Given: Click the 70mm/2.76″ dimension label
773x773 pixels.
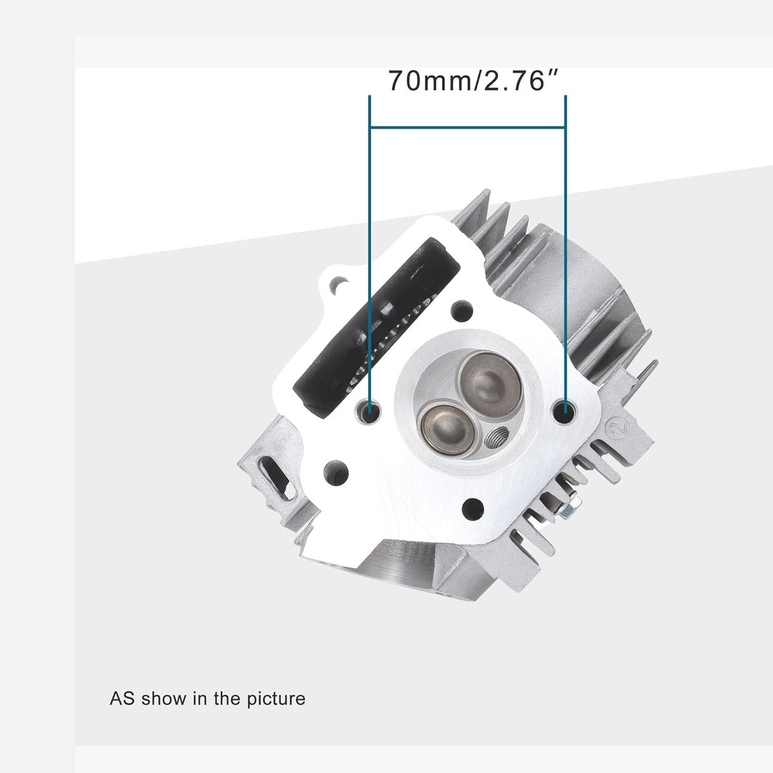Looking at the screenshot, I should click(473, 81).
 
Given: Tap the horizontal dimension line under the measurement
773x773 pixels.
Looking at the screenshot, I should click(468, 127).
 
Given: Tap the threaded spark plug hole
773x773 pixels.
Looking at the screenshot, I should click(496, 435).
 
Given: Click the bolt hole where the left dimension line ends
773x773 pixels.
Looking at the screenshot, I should click(370, 412).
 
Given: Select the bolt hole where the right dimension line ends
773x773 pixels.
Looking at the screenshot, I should click(566, 412).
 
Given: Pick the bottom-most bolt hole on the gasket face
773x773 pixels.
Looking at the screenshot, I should click(473, 506).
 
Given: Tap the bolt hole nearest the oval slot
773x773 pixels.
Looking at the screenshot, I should click(336, 472).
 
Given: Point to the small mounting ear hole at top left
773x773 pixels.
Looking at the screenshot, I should click(338, 282).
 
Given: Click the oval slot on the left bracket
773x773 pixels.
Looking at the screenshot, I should click(276, 475).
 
